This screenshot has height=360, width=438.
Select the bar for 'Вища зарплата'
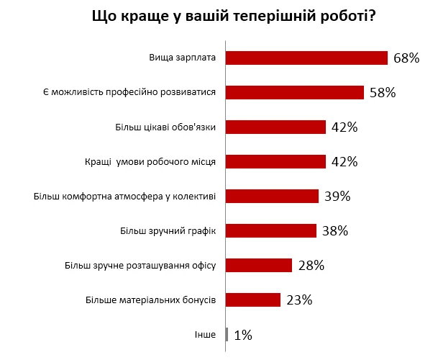[307, 58]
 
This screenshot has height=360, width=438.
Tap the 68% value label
[406, 58]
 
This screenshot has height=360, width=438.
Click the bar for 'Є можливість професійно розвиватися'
[295, 92]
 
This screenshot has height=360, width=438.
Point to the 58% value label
[383, 92]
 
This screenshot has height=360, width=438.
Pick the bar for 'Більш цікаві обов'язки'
[276, 127]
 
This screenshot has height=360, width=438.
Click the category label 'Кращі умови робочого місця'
[156, 161]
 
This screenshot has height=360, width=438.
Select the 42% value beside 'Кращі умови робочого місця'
[345, 161]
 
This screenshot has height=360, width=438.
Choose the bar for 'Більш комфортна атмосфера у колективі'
[273, 196]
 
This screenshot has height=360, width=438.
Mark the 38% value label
[334, 230]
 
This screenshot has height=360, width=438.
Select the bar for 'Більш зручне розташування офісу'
[259, 265]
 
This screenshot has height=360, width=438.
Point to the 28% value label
[311, 265]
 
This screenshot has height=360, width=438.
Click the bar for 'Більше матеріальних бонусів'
[253, 300]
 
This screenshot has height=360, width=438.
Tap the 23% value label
[298, 300]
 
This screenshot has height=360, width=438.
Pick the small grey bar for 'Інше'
[227, 334]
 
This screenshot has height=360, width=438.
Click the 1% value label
[242, 334]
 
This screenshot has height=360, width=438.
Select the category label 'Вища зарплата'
[183, 58]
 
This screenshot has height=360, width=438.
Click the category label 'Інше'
[205, 334]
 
